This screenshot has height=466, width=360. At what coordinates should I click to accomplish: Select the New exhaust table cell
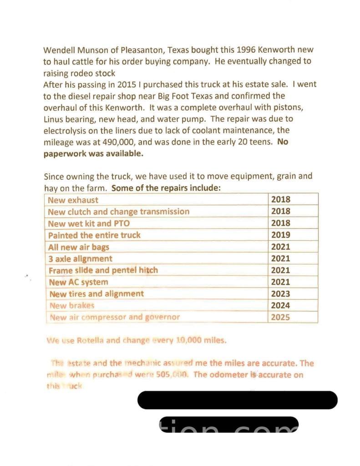pos(73,200)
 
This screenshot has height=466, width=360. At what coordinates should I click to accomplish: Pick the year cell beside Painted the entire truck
pos(280,235)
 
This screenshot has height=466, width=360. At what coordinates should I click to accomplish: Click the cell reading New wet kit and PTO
pos(89,223)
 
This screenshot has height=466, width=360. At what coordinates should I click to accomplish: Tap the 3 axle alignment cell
pos(80,259)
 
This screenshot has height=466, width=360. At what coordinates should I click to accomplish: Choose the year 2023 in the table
pos(280,294)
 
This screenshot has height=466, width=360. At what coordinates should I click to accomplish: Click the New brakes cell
pos(71,306)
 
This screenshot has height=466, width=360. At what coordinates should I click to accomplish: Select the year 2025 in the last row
pos(280,318)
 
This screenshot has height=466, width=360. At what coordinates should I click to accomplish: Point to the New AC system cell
pos(78,282)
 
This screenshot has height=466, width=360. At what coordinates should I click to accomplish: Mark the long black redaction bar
pos(238,400)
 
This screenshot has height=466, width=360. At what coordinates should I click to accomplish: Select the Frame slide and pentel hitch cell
pos(103,270)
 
